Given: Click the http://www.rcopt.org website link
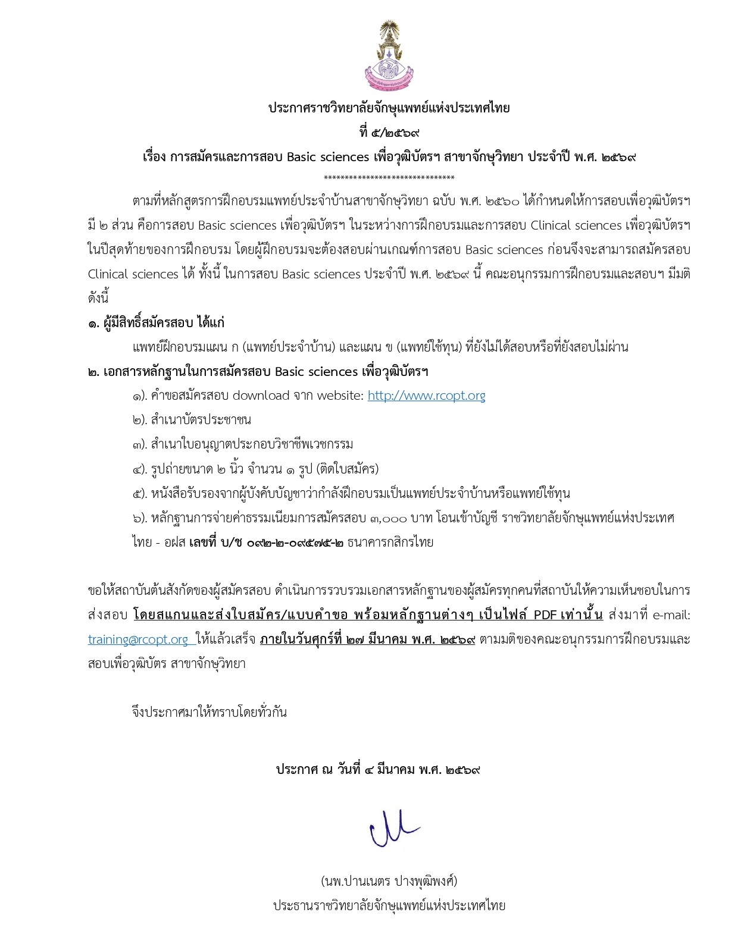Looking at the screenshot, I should (426, 396).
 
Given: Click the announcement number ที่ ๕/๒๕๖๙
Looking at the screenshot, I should (389, 133).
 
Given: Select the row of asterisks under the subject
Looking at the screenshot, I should (389, 178).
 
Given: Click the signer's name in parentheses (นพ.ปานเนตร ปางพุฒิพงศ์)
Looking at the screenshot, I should (389, 881).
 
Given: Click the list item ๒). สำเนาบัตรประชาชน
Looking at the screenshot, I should (192, 420).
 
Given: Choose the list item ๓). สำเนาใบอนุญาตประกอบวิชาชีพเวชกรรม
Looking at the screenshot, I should (243, 444).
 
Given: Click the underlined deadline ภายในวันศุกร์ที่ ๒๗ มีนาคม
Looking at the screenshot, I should (367, 639).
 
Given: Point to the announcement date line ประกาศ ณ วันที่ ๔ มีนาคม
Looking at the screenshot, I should (378, 769).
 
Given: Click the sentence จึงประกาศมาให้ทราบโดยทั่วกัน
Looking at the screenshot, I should (209, 712).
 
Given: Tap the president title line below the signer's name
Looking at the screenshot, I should (389, 905).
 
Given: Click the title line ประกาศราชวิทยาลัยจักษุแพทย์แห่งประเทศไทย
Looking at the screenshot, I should (389, 108).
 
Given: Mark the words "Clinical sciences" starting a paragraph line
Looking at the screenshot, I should (133, 274).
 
